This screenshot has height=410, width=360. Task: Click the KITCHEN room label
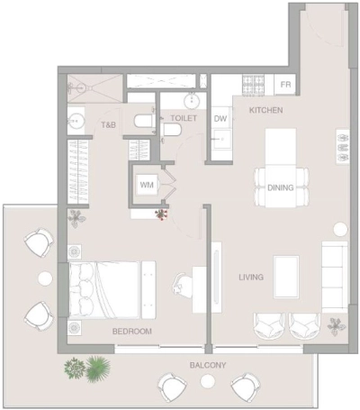click(x=266, y=110)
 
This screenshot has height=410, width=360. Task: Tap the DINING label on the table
click(x=280, y=187)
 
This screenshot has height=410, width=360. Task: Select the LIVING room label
click(x=251, y=277)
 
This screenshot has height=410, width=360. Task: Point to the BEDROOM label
click(x=131, y=332)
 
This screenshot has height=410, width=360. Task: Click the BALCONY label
click(x=208, y=365)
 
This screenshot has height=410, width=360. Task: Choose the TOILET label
click(x=184, y=117)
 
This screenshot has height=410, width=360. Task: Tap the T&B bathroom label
click(x=109, y=125)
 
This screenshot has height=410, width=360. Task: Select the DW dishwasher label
click(x=220, y=119)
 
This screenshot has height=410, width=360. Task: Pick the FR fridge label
click(x=285, y=85)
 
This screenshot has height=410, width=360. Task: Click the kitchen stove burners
click(x=252, y=86)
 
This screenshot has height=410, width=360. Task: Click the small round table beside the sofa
click(x=340, y=229)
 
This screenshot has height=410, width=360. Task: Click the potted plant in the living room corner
click(x=337, y=324)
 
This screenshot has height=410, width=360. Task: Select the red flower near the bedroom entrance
click(x=162, y=214)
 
